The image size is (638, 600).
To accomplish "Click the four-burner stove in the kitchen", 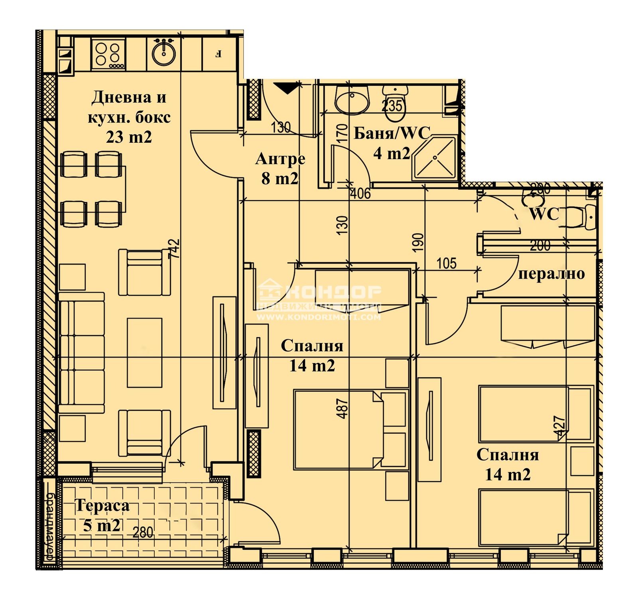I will pyautogui.click(x=108, y=55).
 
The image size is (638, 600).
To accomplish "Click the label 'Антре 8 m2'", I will pyautogui.click(x=280, y=168).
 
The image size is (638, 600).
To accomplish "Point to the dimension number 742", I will pyautogui.click(x=174, y=249).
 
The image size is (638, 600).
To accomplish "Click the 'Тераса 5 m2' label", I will pyautogui.click(x=102, y=515).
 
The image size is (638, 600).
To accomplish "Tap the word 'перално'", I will pyautogui.click(x=551, y=274).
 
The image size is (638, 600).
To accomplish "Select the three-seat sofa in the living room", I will pyautogui.click(x=81, y=353).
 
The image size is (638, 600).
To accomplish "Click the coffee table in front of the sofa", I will pyautogui.click(x=145, y=352).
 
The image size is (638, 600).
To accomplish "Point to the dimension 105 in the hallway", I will pyautogui.click(x=446, y=264).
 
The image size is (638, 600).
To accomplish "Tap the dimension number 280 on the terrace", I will pyautogui.click(x=143, y=532).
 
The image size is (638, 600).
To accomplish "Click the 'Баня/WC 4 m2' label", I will pyautogui.click(x=392, y=143).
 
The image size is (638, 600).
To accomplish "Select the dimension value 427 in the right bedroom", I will pyautogui.click(x=559, y=427).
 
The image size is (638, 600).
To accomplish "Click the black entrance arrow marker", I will pyautogui.click(x=286, y=88).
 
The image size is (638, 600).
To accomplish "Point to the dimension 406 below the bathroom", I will pyautogui.click(x=360, y=194).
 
